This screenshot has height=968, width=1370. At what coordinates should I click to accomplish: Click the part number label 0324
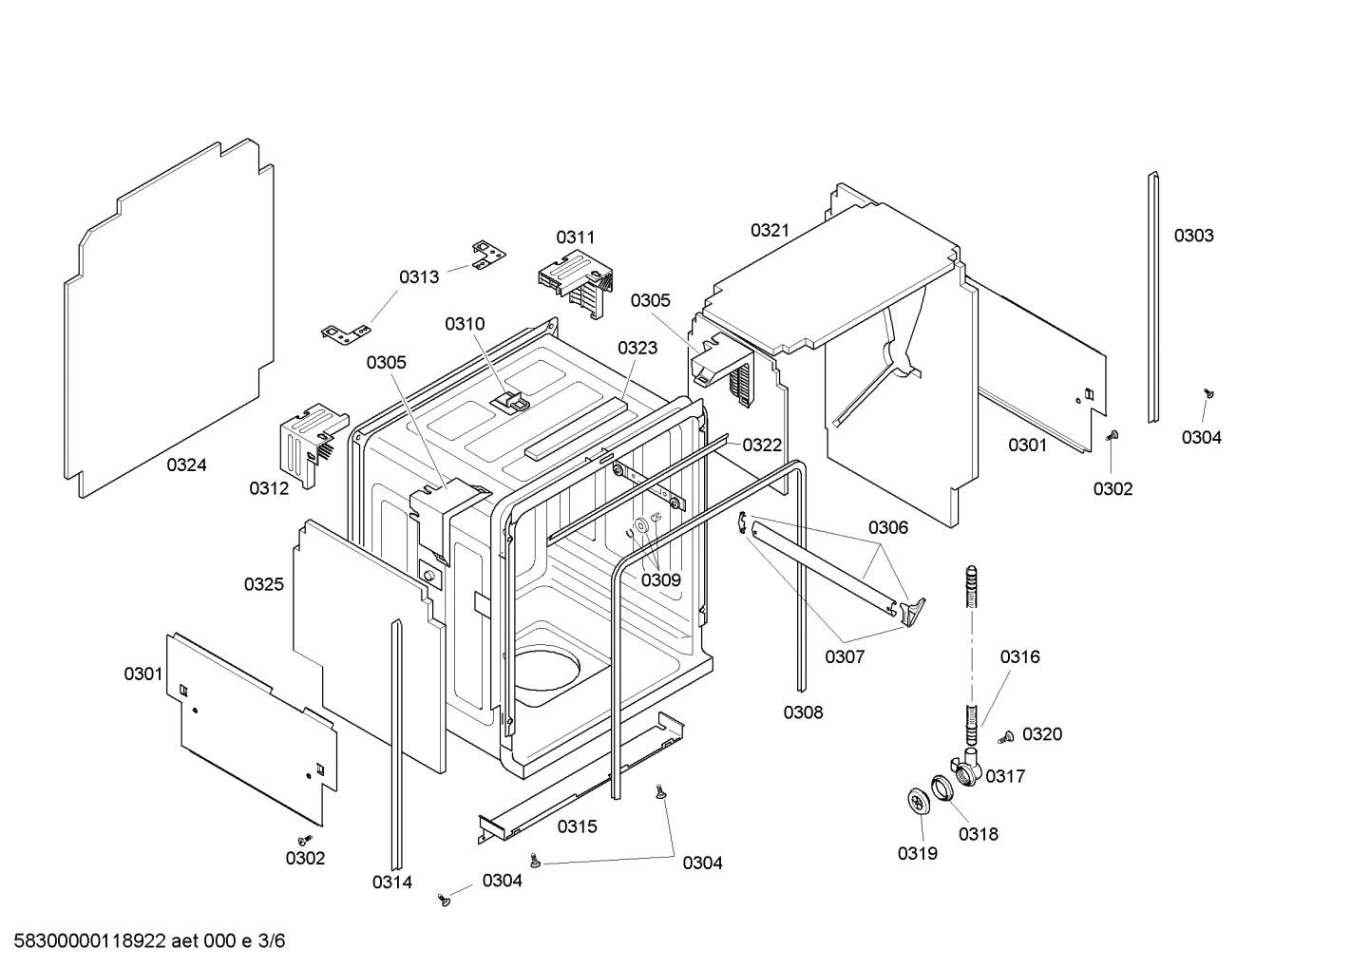click(186, 465)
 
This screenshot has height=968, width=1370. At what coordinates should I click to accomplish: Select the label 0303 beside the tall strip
click(1193, 236)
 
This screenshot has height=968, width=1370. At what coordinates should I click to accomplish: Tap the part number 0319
click(917, 853)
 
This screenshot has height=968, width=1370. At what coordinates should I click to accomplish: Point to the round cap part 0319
click(917, 802)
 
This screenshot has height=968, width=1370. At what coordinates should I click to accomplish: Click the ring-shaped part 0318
click(942, 788)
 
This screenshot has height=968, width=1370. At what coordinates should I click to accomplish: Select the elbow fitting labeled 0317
click(966, 766)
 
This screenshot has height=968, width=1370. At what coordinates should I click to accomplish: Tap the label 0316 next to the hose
click(1019, 656)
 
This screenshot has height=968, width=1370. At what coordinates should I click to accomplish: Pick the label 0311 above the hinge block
click(576, 237)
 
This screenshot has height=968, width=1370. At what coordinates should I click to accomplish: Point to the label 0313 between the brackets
click(419, 276)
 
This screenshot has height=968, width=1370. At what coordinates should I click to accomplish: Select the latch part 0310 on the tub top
click(511, 400)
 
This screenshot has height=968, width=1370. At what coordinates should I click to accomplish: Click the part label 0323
click(637, 348)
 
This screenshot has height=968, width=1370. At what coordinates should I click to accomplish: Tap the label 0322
click(762, 445)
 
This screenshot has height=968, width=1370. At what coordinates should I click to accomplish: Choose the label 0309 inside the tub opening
click(661, 579)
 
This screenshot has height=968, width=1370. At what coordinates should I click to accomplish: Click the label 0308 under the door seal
click(803, 712)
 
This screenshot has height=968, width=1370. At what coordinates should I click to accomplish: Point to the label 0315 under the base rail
click(577, 826)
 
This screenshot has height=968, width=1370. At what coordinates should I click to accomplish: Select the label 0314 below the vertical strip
click(392, 883)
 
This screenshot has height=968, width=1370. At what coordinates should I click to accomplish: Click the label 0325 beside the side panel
click(264, 584)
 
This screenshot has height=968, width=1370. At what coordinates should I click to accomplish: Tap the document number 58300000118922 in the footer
click(86, 941)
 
